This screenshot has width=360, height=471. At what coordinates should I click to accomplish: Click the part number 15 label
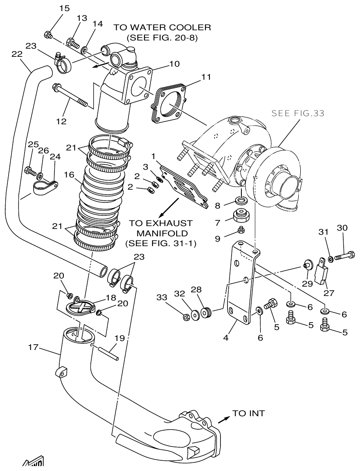53,9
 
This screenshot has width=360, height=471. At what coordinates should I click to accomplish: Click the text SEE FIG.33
298,113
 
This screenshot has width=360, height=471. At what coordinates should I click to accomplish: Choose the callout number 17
33,347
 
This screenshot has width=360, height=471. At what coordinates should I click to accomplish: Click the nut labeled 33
185,316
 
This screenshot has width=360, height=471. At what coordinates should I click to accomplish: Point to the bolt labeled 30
344,257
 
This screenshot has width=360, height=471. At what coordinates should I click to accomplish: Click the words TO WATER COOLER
162,28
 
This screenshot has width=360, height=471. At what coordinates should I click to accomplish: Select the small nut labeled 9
242,231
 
